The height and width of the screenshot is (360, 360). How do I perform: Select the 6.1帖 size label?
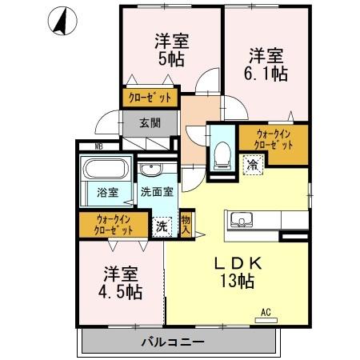point(265,73)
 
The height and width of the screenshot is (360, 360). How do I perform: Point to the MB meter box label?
point(99,146)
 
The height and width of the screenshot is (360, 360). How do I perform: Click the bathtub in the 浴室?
point(106,171)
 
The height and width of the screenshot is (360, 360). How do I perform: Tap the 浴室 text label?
point(108,193)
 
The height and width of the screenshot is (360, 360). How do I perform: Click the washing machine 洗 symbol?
point(162,226)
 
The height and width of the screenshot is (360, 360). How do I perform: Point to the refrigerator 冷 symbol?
point(252,166)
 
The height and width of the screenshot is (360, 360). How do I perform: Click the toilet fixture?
point(222,154)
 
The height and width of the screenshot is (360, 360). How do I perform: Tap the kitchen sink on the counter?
point(240,219)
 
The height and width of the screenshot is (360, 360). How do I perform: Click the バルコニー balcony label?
point(174,342)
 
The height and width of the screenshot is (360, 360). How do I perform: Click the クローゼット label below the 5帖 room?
point(151,100)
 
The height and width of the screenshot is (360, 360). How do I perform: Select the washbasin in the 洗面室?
point(150,170)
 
